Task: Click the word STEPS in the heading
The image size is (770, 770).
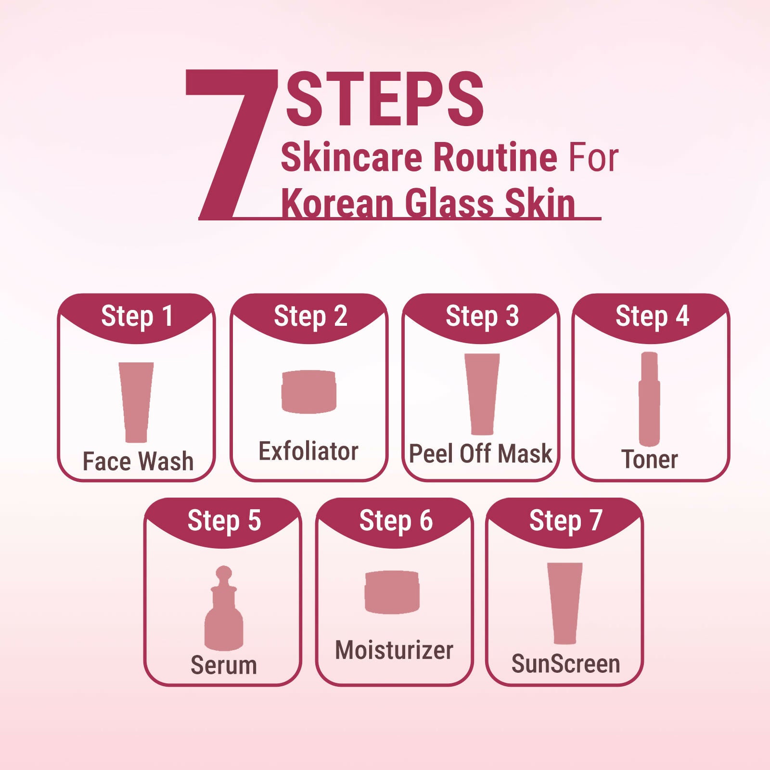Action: (385, 99)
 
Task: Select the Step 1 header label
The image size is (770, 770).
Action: (137, 316)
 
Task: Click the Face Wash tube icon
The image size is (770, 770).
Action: (136, 402)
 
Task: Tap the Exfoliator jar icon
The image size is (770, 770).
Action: (308, 392)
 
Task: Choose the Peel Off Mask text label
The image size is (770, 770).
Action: (480, 454)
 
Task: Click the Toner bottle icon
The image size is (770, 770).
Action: (649, 399)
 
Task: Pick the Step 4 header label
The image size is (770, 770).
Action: (652, 316)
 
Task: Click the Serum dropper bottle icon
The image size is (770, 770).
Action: (224, 608)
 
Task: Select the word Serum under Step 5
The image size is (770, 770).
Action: (224, 665)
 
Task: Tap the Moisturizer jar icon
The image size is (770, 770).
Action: (392, 592)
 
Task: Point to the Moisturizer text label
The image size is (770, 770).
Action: (394, 650)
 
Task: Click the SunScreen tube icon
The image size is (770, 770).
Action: (565, 603)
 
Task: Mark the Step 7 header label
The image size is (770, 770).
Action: (565, 521)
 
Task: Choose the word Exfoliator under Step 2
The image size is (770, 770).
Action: (308, 451)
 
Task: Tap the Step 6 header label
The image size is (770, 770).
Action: (396, 521)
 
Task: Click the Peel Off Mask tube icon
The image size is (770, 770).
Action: (482, 394)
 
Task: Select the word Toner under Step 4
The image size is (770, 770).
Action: (650, 459)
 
